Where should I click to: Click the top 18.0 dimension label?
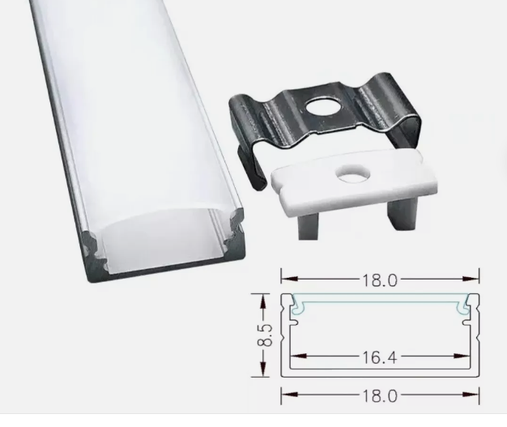[381, 281]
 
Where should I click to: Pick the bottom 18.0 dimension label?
[381, 396]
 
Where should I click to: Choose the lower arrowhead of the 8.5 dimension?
[262, 373]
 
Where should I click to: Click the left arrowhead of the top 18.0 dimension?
[284, 281]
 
